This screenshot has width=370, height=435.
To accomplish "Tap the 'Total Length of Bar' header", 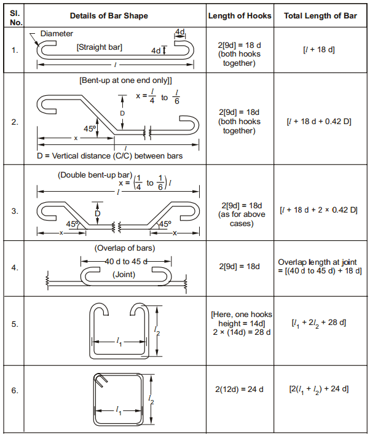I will coord(320,15).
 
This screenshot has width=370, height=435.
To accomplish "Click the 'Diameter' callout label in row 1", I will coord(57,33).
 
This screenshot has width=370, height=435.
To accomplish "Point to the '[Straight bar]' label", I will coord(99,47).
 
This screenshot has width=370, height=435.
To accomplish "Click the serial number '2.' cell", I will coord(15,122).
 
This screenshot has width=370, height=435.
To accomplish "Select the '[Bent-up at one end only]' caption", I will coord(125,80).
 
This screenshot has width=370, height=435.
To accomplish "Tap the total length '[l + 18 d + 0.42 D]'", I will coord(320,122).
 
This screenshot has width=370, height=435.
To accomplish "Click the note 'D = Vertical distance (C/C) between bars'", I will coord(110,155).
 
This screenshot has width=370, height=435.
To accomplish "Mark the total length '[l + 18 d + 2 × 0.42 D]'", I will coord(319,210).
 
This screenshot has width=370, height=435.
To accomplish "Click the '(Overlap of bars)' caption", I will coord(125,248).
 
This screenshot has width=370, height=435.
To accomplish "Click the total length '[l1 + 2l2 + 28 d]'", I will coord(319,323).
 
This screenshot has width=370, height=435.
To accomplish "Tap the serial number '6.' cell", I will coord(15,390).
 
